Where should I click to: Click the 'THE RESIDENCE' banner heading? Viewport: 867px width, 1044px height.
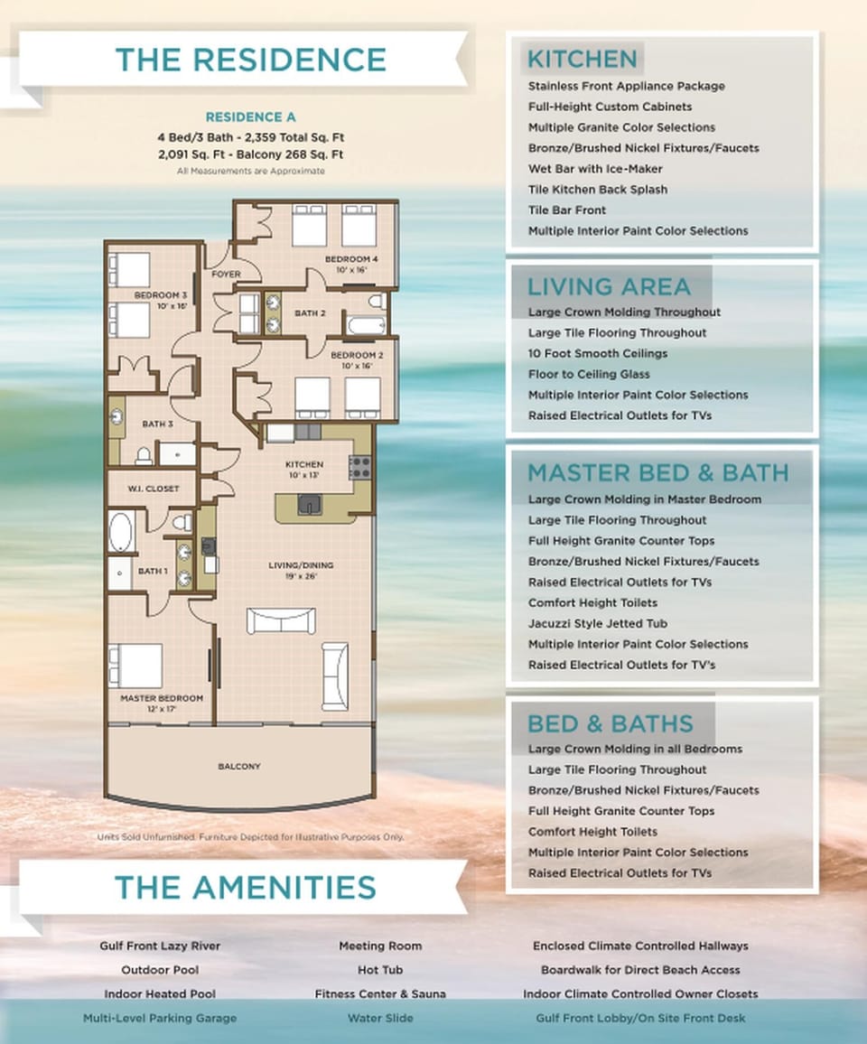(250, 60)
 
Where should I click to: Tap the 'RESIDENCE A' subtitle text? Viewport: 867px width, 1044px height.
(250, 117)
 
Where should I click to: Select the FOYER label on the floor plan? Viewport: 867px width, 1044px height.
(225, 274)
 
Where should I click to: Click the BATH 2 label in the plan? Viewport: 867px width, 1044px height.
(309, 313)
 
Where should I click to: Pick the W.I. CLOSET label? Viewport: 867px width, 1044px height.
(152, 489)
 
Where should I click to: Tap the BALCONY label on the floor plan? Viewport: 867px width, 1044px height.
(239, 766)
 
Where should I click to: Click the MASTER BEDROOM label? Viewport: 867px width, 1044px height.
(162, 698)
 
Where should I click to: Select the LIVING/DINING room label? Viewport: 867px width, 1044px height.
(301, 565)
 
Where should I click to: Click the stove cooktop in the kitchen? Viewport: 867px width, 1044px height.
(359, 467)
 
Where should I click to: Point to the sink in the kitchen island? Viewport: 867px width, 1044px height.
(309, 504)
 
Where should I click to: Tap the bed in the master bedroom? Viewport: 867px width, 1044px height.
(135, 665)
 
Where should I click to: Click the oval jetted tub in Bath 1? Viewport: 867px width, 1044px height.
(120, 532)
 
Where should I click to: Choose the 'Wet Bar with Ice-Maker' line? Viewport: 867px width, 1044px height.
(595, 169)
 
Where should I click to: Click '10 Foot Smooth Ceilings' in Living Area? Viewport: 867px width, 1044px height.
(598, 353)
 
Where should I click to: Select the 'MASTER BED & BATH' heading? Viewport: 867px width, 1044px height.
(657, 473)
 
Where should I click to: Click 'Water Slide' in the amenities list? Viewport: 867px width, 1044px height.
(379, 1018)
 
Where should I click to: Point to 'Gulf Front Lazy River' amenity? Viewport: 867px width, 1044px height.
(160, 946)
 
